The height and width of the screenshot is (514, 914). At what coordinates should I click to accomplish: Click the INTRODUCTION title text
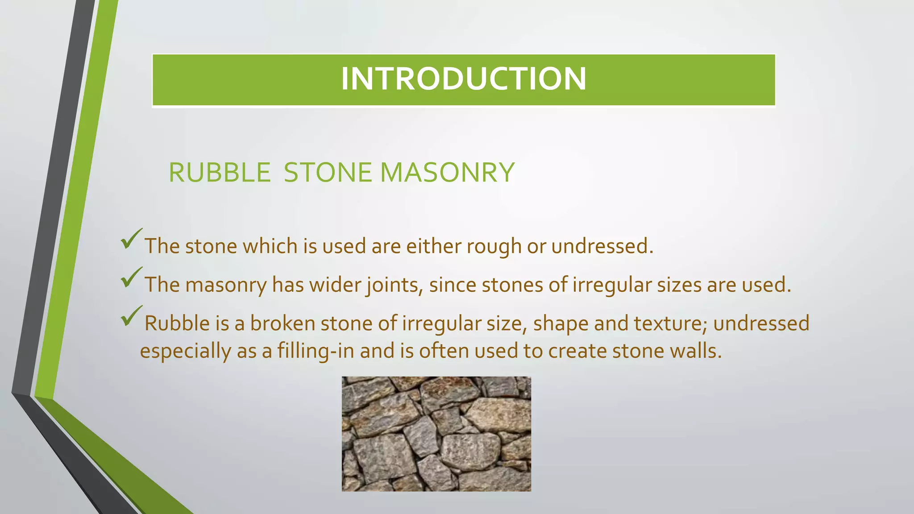[x=463, y=79]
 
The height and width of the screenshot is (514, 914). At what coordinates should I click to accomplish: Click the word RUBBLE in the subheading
[x=220, y=173]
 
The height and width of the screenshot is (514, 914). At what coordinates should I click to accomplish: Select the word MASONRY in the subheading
[x=447, y=173]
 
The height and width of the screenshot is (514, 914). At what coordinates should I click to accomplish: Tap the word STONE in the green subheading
[x=328, y=173]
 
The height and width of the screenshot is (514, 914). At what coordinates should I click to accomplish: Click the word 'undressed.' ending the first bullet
[x=602, y=246]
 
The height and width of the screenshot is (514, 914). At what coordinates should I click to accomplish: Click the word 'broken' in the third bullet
[x=283, y=323]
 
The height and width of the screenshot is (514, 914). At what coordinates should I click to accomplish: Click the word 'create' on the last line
[x=577, y=351]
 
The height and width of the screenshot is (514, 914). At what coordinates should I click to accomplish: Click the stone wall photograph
[x=436, y=434]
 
